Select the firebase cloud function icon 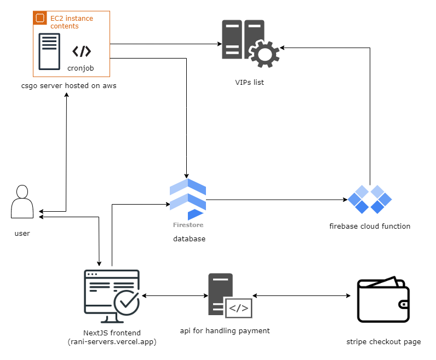point(370,200)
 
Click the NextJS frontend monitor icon point(112,295)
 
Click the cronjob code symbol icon point(82,51)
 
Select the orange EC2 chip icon point(40,19)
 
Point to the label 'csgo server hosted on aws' point(68,86)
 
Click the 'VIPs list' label point(250,83)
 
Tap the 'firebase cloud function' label point(370,226)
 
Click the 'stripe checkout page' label point(383,342)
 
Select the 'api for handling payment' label point(225,331)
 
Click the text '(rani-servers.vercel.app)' point(112,342)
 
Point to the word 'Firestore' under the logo point(188,225)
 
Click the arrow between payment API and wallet point(301,296)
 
